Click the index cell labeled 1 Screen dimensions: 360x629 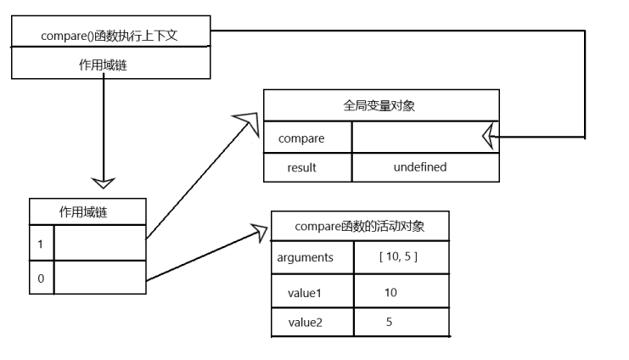[41, 243]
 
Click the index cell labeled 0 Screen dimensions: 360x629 [41, 278]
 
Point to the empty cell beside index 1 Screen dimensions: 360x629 [99, 243]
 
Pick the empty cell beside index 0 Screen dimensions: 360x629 [99, 278]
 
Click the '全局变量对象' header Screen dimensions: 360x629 [381, 107]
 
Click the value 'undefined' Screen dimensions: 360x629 [419, 167]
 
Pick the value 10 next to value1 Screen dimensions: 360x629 [390, 292]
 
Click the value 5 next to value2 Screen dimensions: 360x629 [390, 322]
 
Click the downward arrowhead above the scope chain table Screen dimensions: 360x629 [103, 181]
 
